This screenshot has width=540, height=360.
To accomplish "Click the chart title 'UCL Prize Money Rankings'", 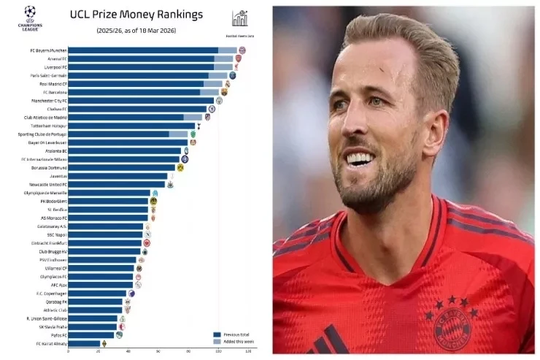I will [135, 14].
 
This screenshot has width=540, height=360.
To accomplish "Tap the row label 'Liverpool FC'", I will [53, 67].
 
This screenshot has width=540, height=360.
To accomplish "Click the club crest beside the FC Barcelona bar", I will [224, 92].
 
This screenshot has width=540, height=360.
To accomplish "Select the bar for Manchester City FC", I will [142, 101].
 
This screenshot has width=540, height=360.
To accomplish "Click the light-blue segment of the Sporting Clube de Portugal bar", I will [180, 134].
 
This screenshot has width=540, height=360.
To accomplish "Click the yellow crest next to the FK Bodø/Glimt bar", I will [153, 201].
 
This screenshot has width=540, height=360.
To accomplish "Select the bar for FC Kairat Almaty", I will [85, 343].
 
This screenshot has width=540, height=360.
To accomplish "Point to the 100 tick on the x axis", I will [218, 353].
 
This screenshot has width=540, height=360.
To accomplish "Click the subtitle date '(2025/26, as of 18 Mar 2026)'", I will [135, 30].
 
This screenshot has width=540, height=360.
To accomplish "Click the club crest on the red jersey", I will [453, 329].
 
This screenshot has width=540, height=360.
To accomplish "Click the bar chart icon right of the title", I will [239, 18].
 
